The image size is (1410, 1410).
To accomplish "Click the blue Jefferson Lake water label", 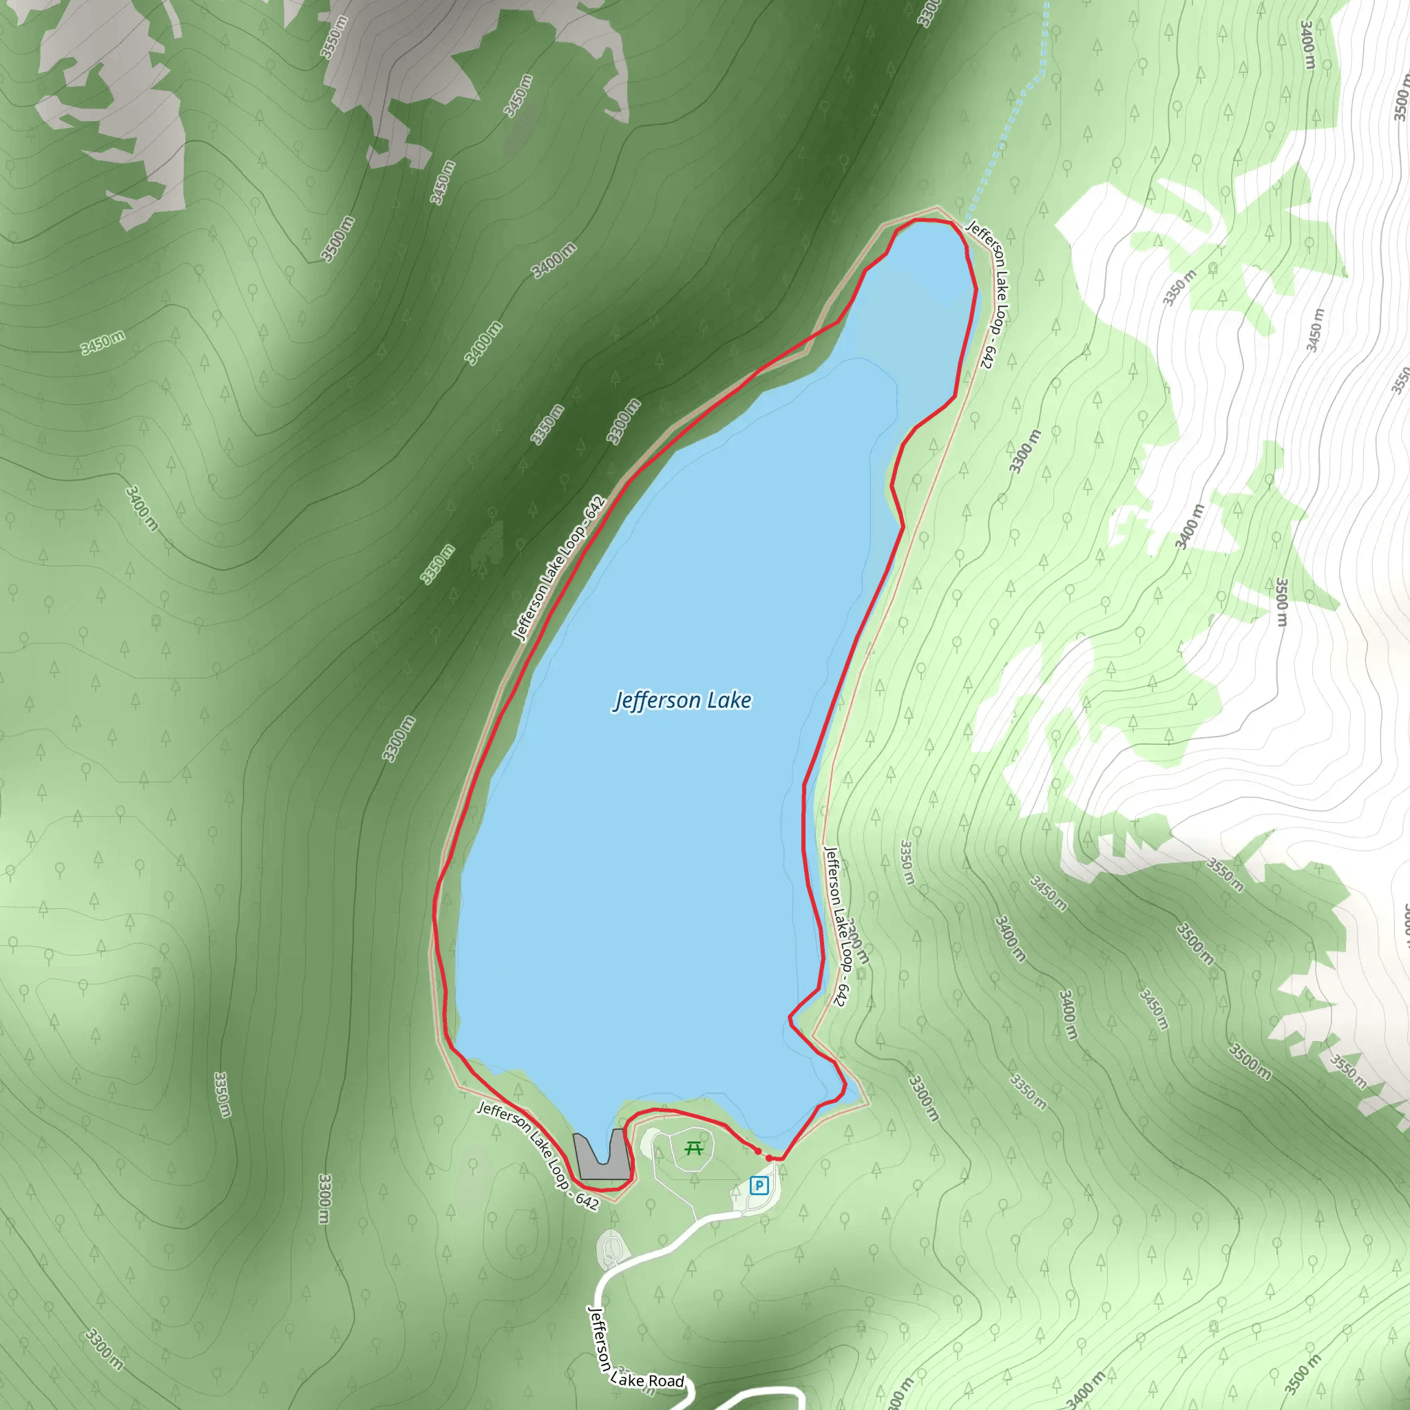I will (682, 701).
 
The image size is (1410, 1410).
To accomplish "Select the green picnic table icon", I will (694, 1149).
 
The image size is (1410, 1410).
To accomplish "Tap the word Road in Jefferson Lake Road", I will (666, 1381).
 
